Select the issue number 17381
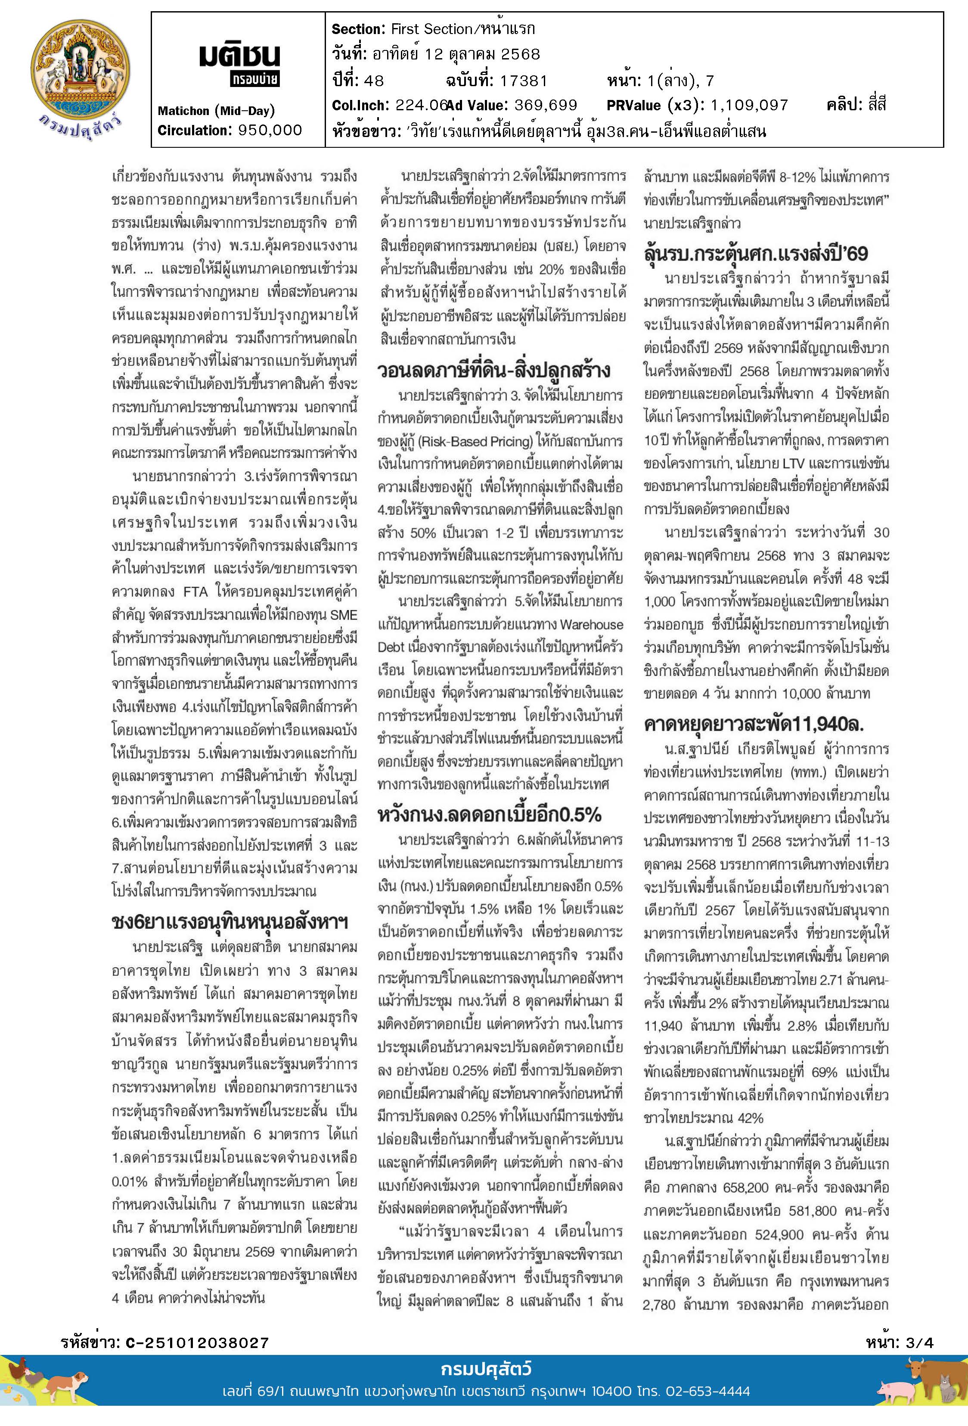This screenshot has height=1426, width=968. click(x=523, y=81)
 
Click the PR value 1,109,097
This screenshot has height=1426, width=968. click(x=749, y=106)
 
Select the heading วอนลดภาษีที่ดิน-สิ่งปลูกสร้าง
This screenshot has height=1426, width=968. click(x=494, y=370)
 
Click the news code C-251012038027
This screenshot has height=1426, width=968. click(x=197, y=1343)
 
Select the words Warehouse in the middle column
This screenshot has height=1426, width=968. click(x=591, y=625)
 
